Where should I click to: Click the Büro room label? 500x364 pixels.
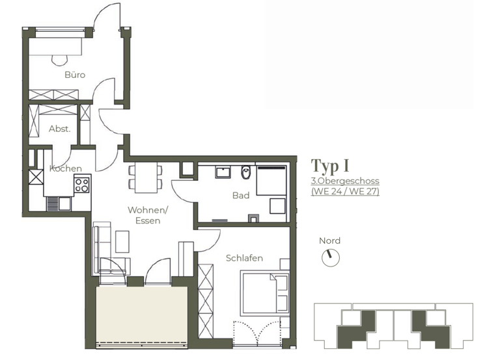[75, 75]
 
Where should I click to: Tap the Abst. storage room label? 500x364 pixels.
[59, 129]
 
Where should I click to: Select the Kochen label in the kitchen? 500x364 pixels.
[66, 168]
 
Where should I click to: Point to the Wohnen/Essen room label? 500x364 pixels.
[148, 215]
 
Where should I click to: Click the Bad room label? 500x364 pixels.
[241, 195]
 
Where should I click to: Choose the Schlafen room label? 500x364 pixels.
[244, 258]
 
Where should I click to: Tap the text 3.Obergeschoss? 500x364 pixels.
[345, 181]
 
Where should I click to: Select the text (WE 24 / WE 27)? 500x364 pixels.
[345, 191]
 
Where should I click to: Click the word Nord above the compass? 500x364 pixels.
[329, 240]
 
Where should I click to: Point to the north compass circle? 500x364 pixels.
[331, 258]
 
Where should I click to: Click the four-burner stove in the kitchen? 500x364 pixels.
[82, 184]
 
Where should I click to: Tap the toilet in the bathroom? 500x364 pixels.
[245, 174]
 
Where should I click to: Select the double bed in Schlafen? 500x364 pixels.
[264, 292]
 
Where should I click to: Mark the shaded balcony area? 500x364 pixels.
[142, 315]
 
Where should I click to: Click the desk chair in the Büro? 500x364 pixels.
[61, 60]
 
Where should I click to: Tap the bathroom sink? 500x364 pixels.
[223, 172]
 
